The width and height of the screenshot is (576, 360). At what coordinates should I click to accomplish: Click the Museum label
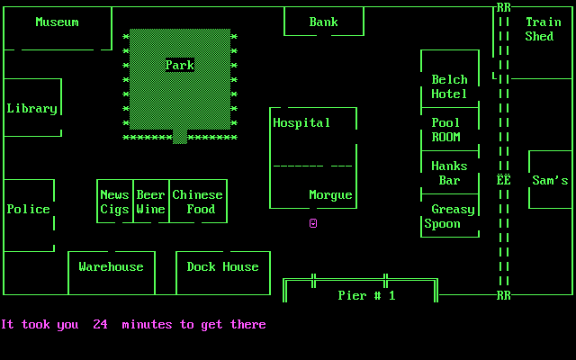tap(57, 22)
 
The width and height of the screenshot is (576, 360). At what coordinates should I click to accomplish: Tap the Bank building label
tap(324, 22)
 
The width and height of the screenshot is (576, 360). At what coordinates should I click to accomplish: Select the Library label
tap(31, 108)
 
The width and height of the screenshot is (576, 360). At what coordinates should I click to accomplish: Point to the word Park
tap(180, 65)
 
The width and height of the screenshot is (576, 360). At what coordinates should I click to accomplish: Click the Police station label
tap(29, 209)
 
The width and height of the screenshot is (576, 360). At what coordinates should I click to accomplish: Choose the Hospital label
tap(301, 122)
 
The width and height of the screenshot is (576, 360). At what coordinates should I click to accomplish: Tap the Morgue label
tap(330, 194)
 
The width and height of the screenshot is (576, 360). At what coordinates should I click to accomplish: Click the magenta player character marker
tap(313, 223)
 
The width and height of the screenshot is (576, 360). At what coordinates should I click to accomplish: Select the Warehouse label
tap(111, 266)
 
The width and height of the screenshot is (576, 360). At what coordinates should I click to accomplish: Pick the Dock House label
tap(222, 266)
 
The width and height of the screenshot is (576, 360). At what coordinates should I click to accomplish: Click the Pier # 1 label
tap(366, 295)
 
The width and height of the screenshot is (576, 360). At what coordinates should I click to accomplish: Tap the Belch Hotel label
tap(449, 86)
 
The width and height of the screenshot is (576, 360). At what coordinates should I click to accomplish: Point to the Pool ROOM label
tap(445, 130)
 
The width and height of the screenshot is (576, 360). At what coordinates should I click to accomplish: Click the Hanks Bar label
tap(449, 173)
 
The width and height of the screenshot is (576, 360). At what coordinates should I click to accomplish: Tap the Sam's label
tap(550, 180)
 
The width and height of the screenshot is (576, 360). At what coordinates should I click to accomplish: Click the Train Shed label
tap(543, 29)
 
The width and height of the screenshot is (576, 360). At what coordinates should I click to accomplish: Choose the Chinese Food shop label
tap(197, 202)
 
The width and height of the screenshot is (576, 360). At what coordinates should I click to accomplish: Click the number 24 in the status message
tap(100, 324)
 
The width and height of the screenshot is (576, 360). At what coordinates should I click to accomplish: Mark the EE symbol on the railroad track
tap(504, 180)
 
